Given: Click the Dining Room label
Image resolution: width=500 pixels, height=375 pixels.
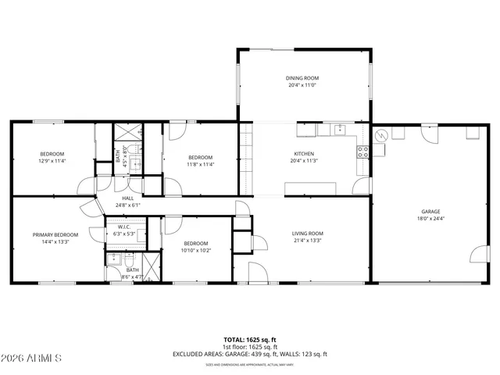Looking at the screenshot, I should (303, 78).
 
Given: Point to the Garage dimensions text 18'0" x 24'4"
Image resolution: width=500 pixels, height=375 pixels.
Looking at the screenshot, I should (430, 219).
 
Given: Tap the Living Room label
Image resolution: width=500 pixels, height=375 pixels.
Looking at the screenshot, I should (308, 233).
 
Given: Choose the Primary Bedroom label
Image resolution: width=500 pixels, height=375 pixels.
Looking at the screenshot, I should (55, 234).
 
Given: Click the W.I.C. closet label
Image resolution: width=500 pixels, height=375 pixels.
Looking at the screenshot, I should (125, 227).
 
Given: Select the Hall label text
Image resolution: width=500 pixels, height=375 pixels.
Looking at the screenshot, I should (127, 198).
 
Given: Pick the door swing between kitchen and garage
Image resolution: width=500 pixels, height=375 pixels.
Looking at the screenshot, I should (361, 186).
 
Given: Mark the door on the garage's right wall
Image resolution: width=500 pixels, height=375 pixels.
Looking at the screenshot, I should (480, 255).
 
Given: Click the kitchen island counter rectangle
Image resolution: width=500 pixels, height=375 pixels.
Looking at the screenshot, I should (310, 188).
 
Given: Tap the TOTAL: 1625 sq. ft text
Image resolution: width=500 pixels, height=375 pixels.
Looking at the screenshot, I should (250, 340).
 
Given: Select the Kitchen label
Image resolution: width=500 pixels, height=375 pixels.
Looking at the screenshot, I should (303, 154).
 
